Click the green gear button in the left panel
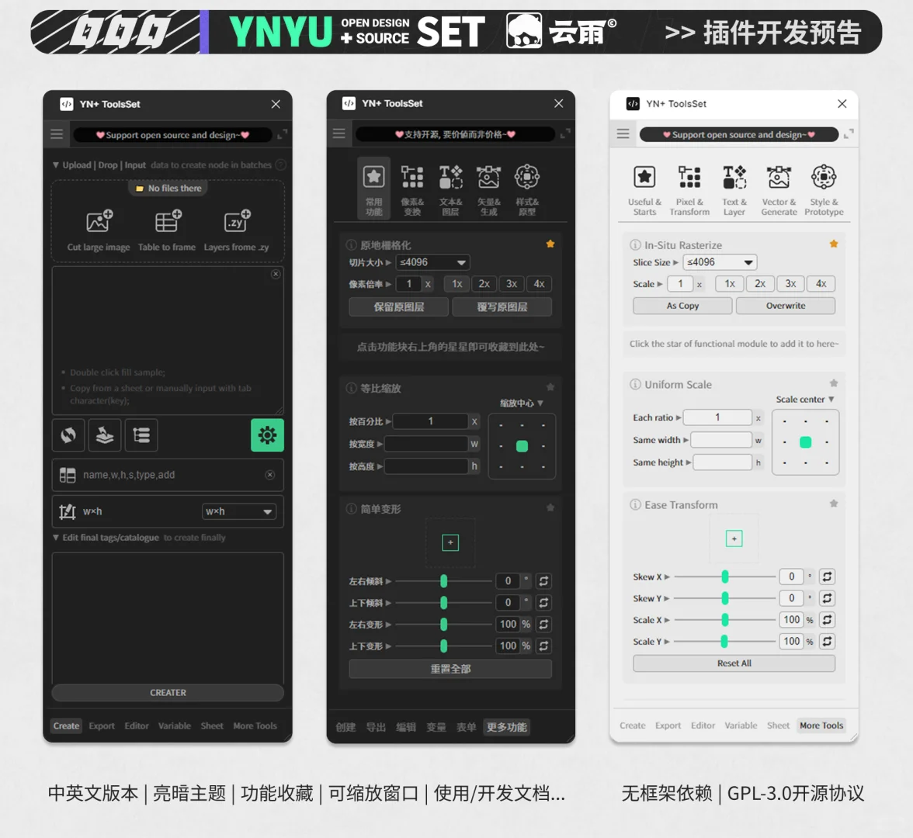(267, 435)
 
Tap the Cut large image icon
(99, 223)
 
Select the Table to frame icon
(167, 223)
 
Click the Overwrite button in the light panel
(785, 306)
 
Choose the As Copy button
(682, 306)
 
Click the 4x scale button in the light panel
(821, 284)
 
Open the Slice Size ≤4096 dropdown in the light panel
(720, 262)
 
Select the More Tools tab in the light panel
(821, 725)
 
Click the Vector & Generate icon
(779, 178)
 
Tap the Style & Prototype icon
(824, 178)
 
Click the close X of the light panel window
(842, 103)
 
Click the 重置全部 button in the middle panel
(450, 669)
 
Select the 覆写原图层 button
(502, 306)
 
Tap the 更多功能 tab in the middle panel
(506, 727)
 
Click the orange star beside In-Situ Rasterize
(834, 244)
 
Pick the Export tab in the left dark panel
(102, 726)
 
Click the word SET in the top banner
(451, 32)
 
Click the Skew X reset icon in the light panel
(828, 577)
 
